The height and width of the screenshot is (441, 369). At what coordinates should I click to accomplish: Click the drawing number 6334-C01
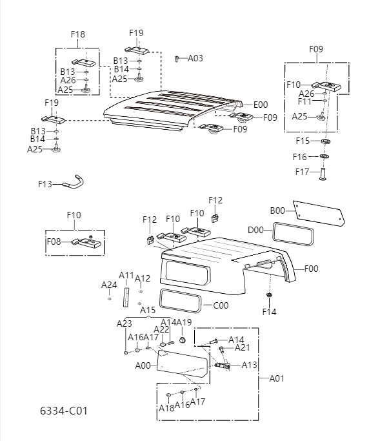[x=63, y=411]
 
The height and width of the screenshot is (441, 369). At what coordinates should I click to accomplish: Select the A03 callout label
[x=195, y=58]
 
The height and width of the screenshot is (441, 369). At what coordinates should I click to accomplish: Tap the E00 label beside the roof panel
[x=260, y=105]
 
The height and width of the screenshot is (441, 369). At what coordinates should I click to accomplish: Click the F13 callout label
[x=45, y=184]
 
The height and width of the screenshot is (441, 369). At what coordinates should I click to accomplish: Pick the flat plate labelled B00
[x=319, y=214]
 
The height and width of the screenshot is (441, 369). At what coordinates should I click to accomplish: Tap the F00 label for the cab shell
[x=312, y=268]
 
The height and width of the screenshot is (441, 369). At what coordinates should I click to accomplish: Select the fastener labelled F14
[x=269, y=296]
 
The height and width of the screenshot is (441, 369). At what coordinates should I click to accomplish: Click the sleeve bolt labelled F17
[x=324, y=174]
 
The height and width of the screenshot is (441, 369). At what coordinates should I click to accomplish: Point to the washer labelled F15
[x=325, y=141]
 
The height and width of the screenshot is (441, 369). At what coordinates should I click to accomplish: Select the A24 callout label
[x=109, y=285]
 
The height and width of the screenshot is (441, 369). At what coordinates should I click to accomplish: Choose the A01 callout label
[x=277, y=378]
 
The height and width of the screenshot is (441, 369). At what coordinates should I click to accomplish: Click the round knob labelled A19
[x=183, y=338]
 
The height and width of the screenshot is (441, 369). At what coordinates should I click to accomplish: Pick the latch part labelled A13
[x=223, y=366]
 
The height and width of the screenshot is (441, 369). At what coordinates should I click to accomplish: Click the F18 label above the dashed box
[x=77, y=34]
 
